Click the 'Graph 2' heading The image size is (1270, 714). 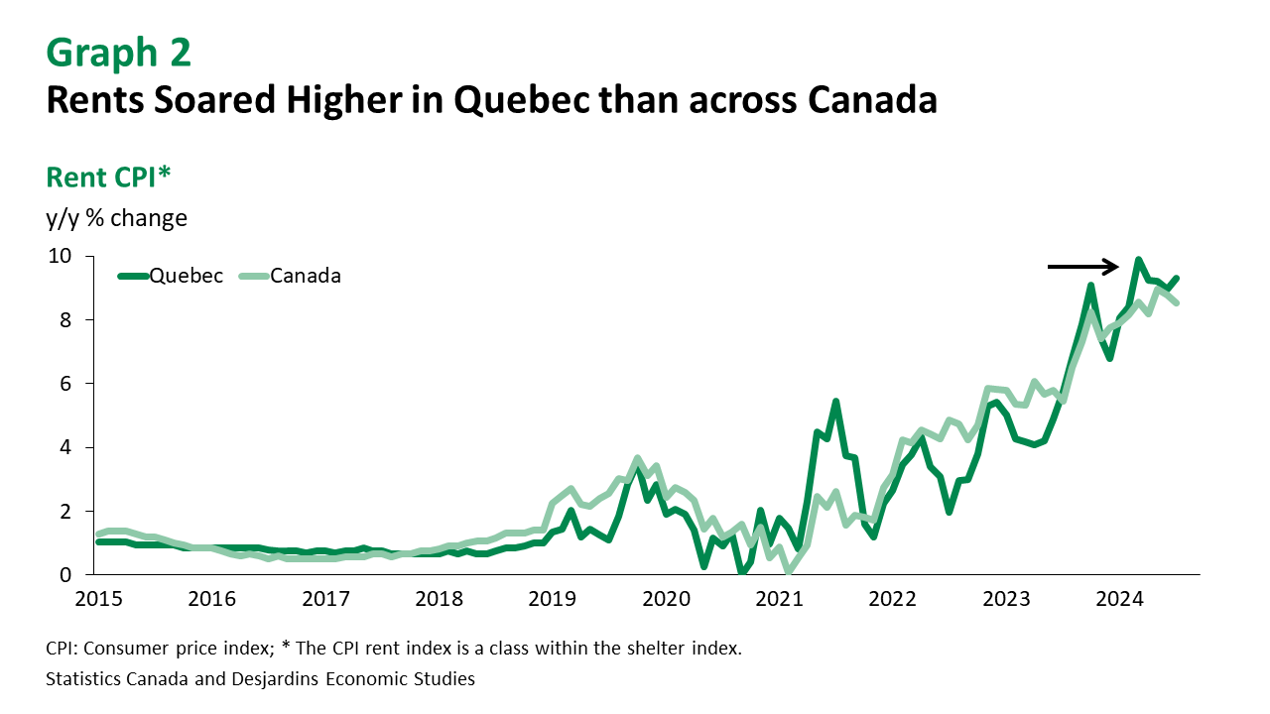(118, 53)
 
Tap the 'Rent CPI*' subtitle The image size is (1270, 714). (108, 177)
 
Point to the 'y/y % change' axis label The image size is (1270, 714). (116, 217)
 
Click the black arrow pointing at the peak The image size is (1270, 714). (1082, 266)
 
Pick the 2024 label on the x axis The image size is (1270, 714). (1120, 599)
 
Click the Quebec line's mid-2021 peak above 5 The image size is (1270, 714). (835, 403)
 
